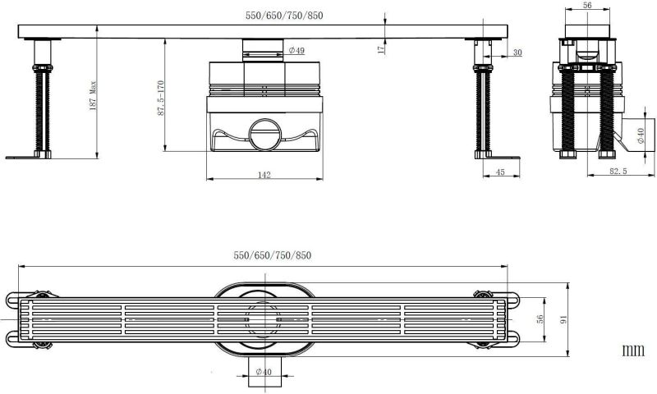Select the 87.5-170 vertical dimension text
coord(161,98)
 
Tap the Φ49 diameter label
coord(296,51)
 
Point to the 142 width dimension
coord(264,174)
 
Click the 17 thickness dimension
coord(381,49)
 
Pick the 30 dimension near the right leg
coord(517,53)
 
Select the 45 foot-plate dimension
coord(499,172)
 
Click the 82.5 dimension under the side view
coord(618,172)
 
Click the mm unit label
coord(632,350)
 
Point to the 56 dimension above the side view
coord(586,5)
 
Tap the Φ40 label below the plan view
coord(263,373)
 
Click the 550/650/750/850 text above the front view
coord(273,15)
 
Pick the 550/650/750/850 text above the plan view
coord(273,255)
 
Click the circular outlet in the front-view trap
coord(264,135)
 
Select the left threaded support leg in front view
coord(39,107)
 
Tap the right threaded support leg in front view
coord(481,107)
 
